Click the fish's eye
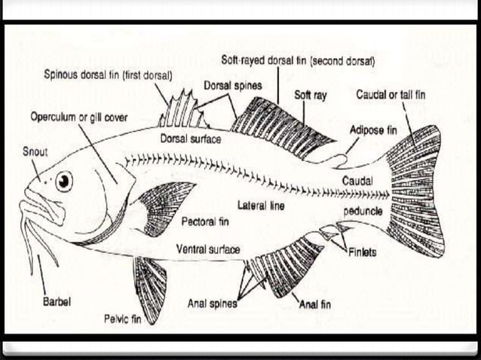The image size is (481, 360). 64,181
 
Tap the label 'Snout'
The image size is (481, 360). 35,152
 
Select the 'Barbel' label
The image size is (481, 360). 57,301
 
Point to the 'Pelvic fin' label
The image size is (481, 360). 124,319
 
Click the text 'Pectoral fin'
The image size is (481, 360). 205,222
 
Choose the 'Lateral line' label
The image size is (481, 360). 261,206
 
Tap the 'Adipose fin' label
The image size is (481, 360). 372,130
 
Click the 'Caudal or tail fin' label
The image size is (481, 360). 391,95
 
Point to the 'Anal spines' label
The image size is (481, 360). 213,304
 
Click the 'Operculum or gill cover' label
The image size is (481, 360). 79,117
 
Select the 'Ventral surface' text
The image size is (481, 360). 208,249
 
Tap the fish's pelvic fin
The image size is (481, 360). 151,286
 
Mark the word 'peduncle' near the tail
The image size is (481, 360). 363,212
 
